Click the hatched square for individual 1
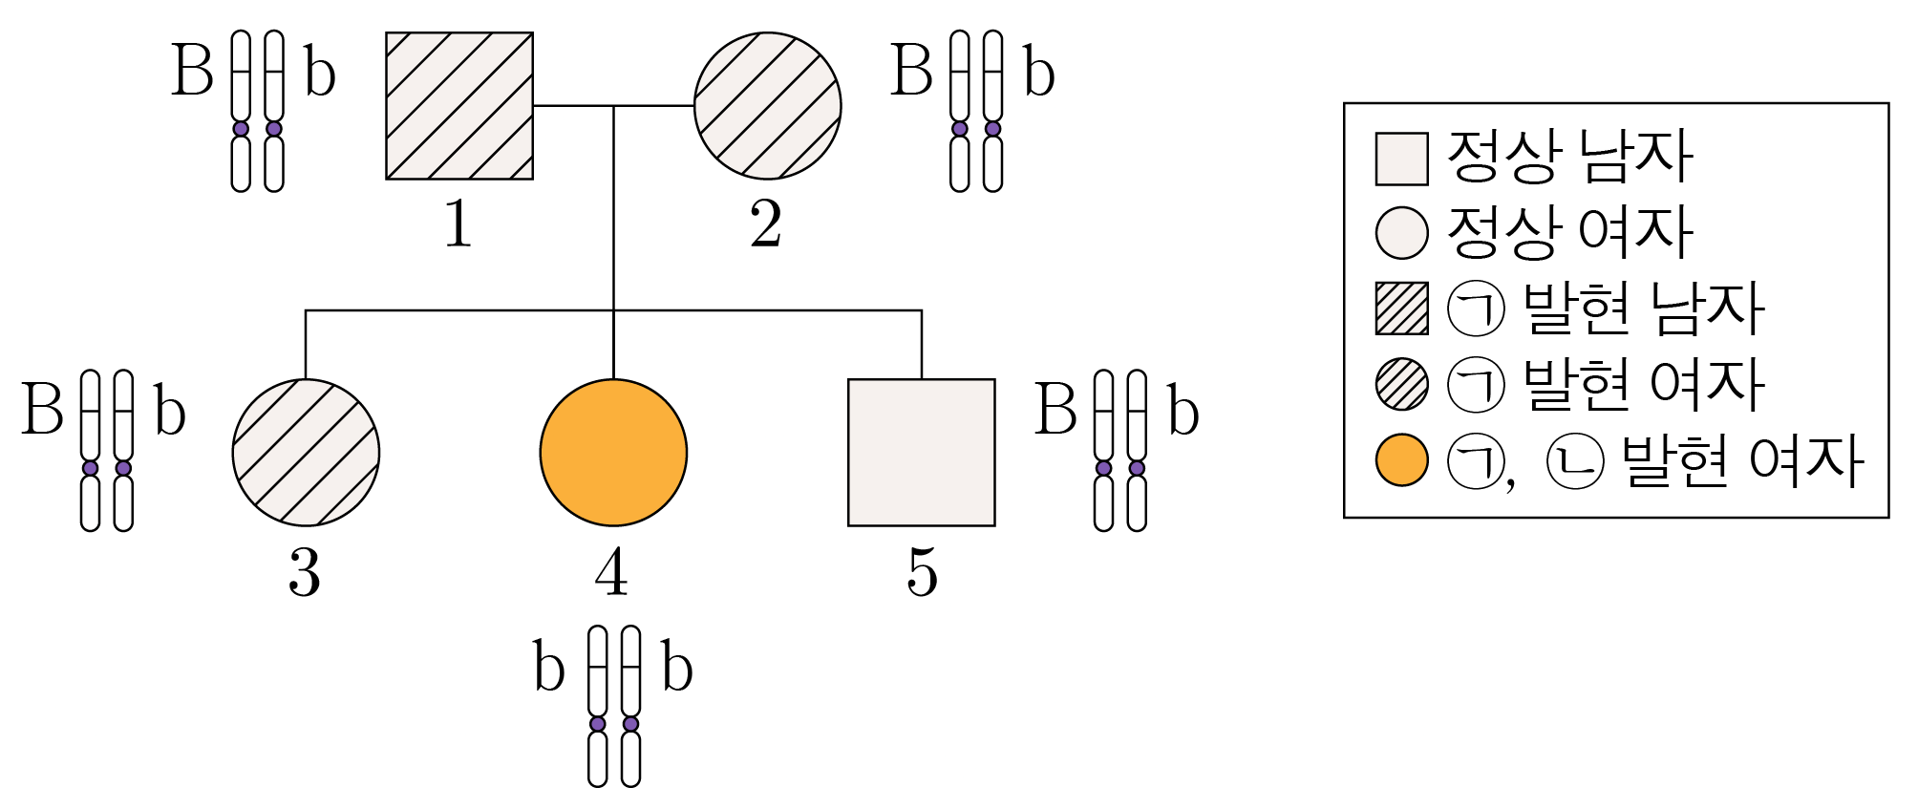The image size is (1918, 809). [x=459, y=106]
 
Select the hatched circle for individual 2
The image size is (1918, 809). [x=767, y=106]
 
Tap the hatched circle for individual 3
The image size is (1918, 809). [x=306, y=453]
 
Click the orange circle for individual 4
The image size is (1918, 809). [x=613, y=453]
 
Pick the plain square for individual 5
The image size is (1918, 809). [x=922, y=453]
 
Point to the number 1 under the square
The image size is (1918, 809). [x=458, y=225]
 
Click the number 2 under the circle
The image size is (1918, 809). [x=766, y=225]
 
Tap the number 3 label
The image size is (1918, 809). [x=305, y=573]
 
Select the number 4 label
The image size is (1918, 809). [x=612, y=573]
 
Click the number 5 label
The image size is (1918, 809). [x=922, y=573]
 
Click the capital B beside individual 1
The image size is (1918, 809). [x=192, y=71]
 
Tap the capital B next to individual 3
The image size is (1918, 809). [x=43, y=410]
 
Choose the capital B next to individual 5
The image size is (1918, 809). [x=1056, y=410]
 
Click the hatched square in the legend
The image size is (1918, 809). [x=1402, y=309]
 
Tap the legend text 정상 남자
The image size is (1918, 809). [x=1570, y=157]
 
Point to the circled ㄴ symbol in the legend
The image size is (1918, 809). [x=1575, y=461]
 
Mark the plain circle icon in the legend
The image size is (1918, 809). [x=1402, y=232]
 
